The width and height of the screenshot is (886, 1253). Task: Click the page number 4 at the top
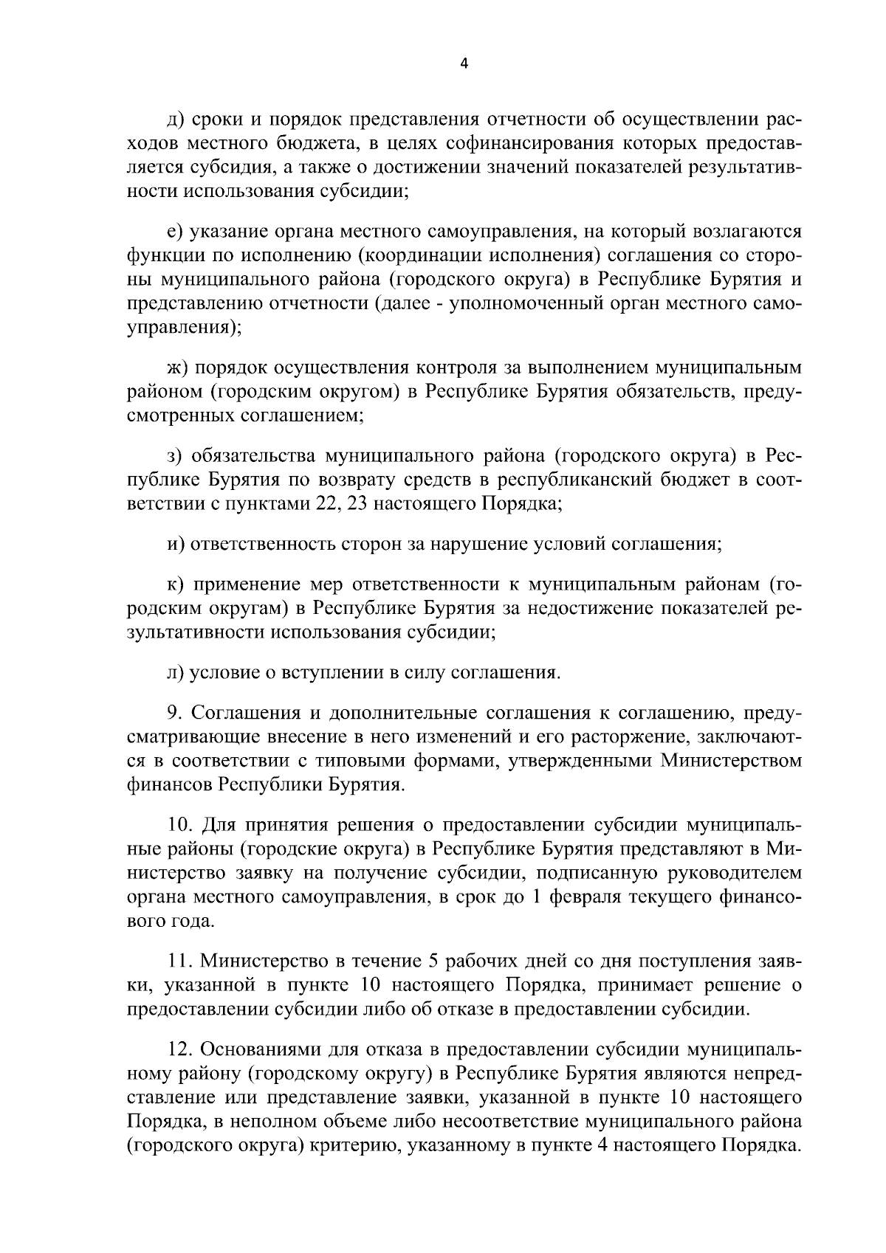pos(464,63)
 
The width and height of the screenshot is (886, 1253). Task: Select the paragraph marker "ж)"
pos(177,367)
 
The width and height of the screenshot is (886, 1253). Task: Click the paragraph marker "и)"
pos(175,545)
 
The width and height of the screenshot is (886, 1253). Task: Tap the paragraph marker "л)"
pos(175,672)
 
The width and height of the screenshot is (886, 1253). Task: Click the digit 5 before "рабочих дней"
pos(433,961)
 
